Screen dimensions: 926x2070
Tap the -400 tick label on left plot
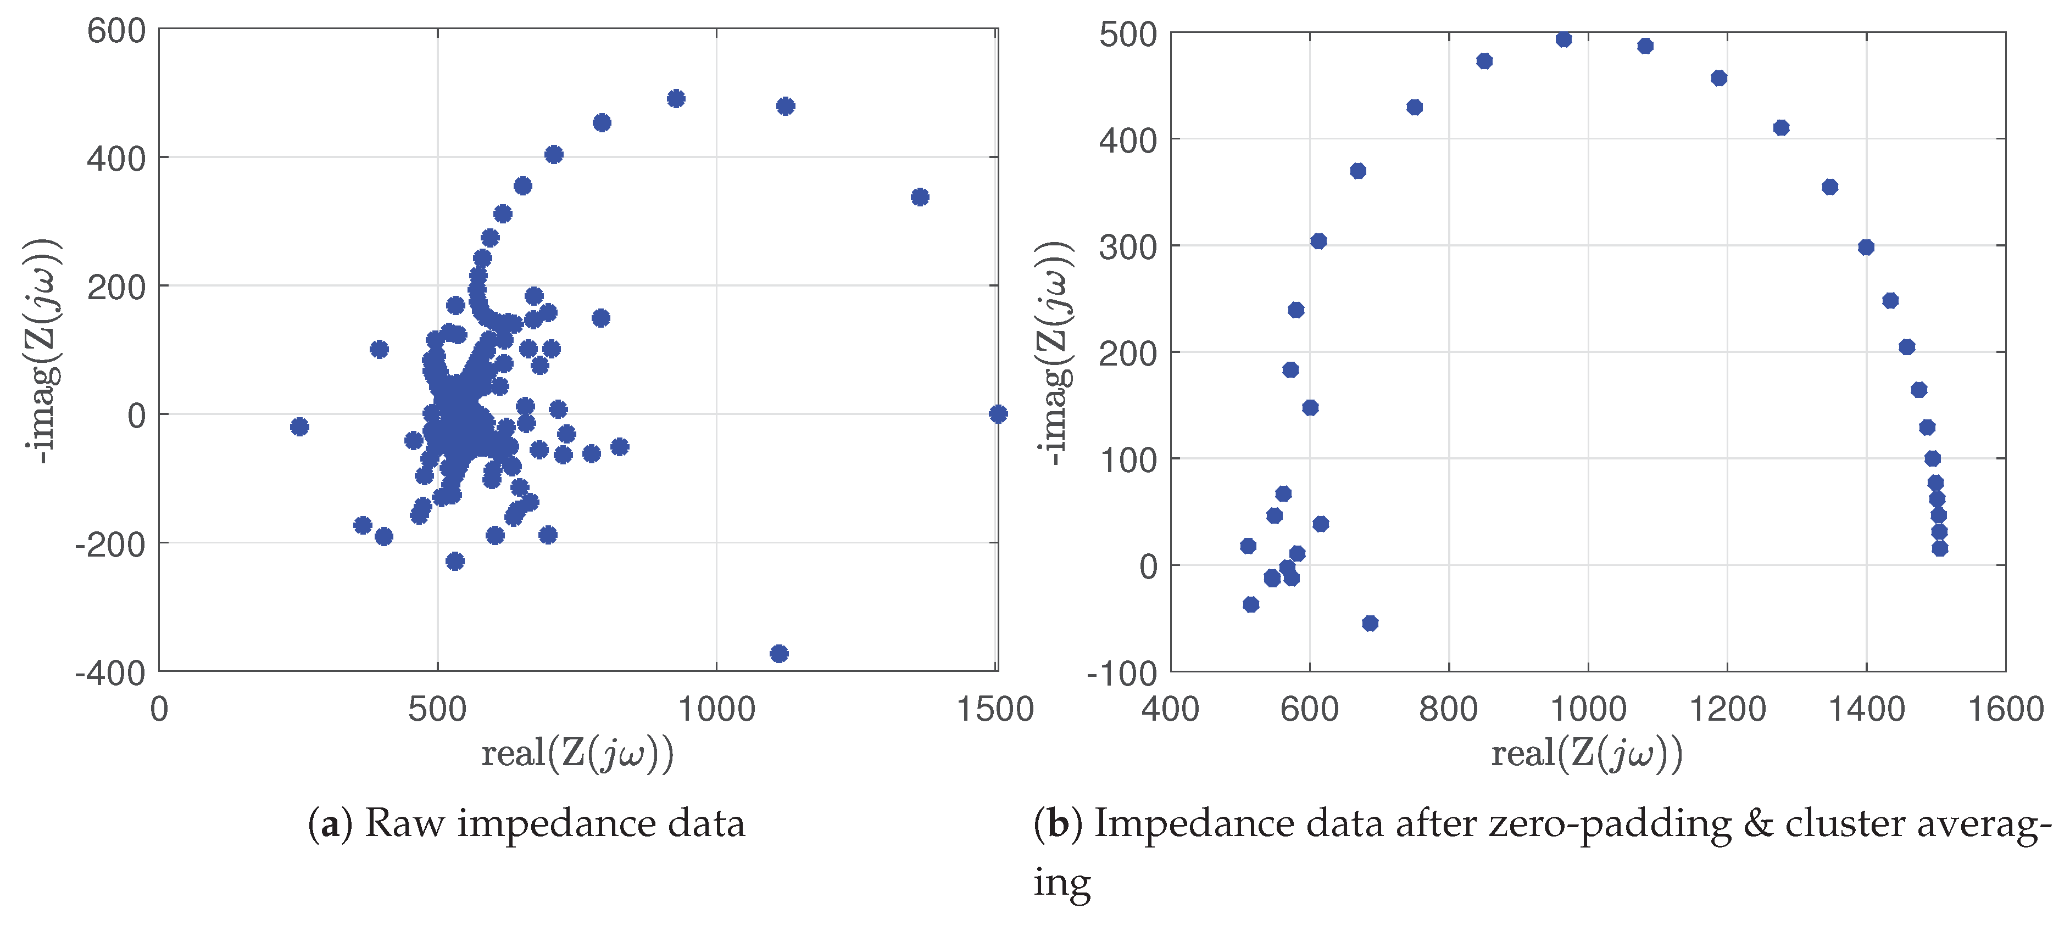[x=110, y=673]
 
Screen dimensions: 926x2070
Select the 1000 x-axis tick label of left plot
[x=716, y=709]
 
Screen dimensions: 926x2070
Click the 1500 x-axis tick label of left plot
[x=995, y=709]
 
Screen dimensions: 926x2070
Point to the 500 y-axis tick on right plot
[x=1127, y=35]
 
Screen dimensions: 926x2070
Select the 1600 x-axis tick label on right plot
[x=2005, y=709]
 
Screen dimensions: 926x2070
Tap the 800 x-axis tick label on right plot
[x=1448, y=709]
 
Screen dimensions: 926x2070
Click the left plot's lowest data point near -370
[x=778, y=653]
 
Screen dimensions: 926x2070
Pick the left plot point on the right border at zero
[x=997, y=414]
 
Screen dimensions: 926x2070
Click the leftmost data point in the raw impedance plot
[x=299, y=426]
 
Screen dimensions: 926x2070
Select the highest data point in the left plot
[x=676, y=99]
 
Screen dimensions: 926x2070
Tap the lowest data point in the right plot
[x=1370, y=623]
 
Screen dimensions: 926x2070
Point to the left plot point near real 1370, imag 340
[x=920, y=197]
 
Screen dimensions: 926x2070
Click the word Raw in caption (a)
[x=403, y=824]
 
